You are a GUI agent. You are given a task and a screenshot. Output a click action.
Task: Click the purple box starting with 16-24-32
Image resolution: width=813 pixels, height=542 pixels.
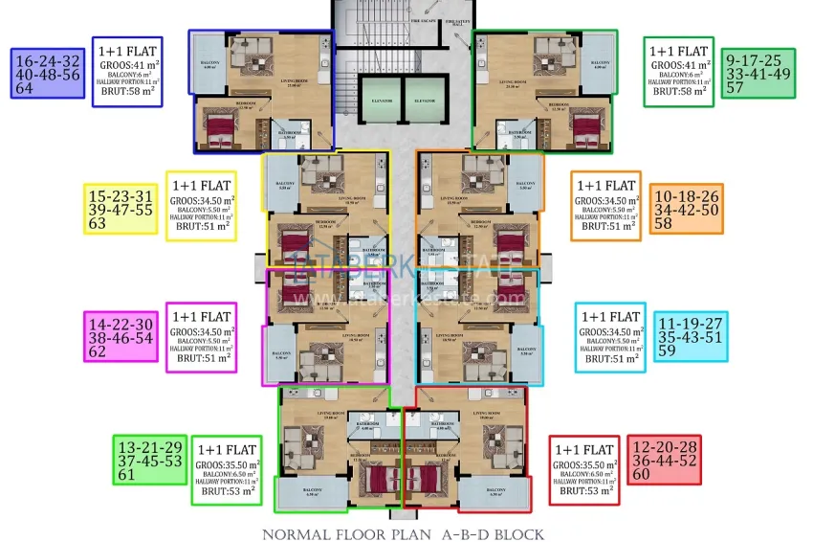[49, 72]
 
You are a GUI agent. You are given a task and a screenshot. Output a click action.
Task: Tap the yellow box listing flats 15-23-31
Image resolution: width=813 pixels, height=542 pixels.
[121, 208]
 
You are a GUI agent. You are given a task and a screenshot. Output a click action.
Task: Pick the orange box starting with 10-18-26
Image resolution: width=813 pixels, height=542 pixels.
[686, 208]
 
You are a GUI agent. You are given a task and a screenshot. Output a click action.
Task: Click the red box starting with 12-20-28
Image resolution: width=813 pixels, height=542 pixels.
[663, 461]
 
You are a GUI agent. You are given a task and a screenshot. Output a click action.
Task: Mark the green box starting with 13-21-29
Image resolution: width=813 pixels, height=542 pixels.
[149, 459]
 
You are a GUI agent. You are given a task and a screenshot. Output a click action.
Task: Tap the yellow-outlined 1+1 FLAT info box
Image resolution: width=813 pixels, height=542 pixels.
[201, 206]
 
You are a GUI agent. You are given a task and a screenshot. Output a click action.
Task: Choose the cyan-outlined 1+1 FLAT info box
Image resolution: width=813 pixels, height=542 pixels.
[610, 337]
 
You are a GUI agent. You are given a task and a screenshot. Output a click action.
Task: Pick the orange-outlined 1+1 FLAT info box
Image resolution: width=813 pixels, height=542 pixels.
[606, 206]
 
